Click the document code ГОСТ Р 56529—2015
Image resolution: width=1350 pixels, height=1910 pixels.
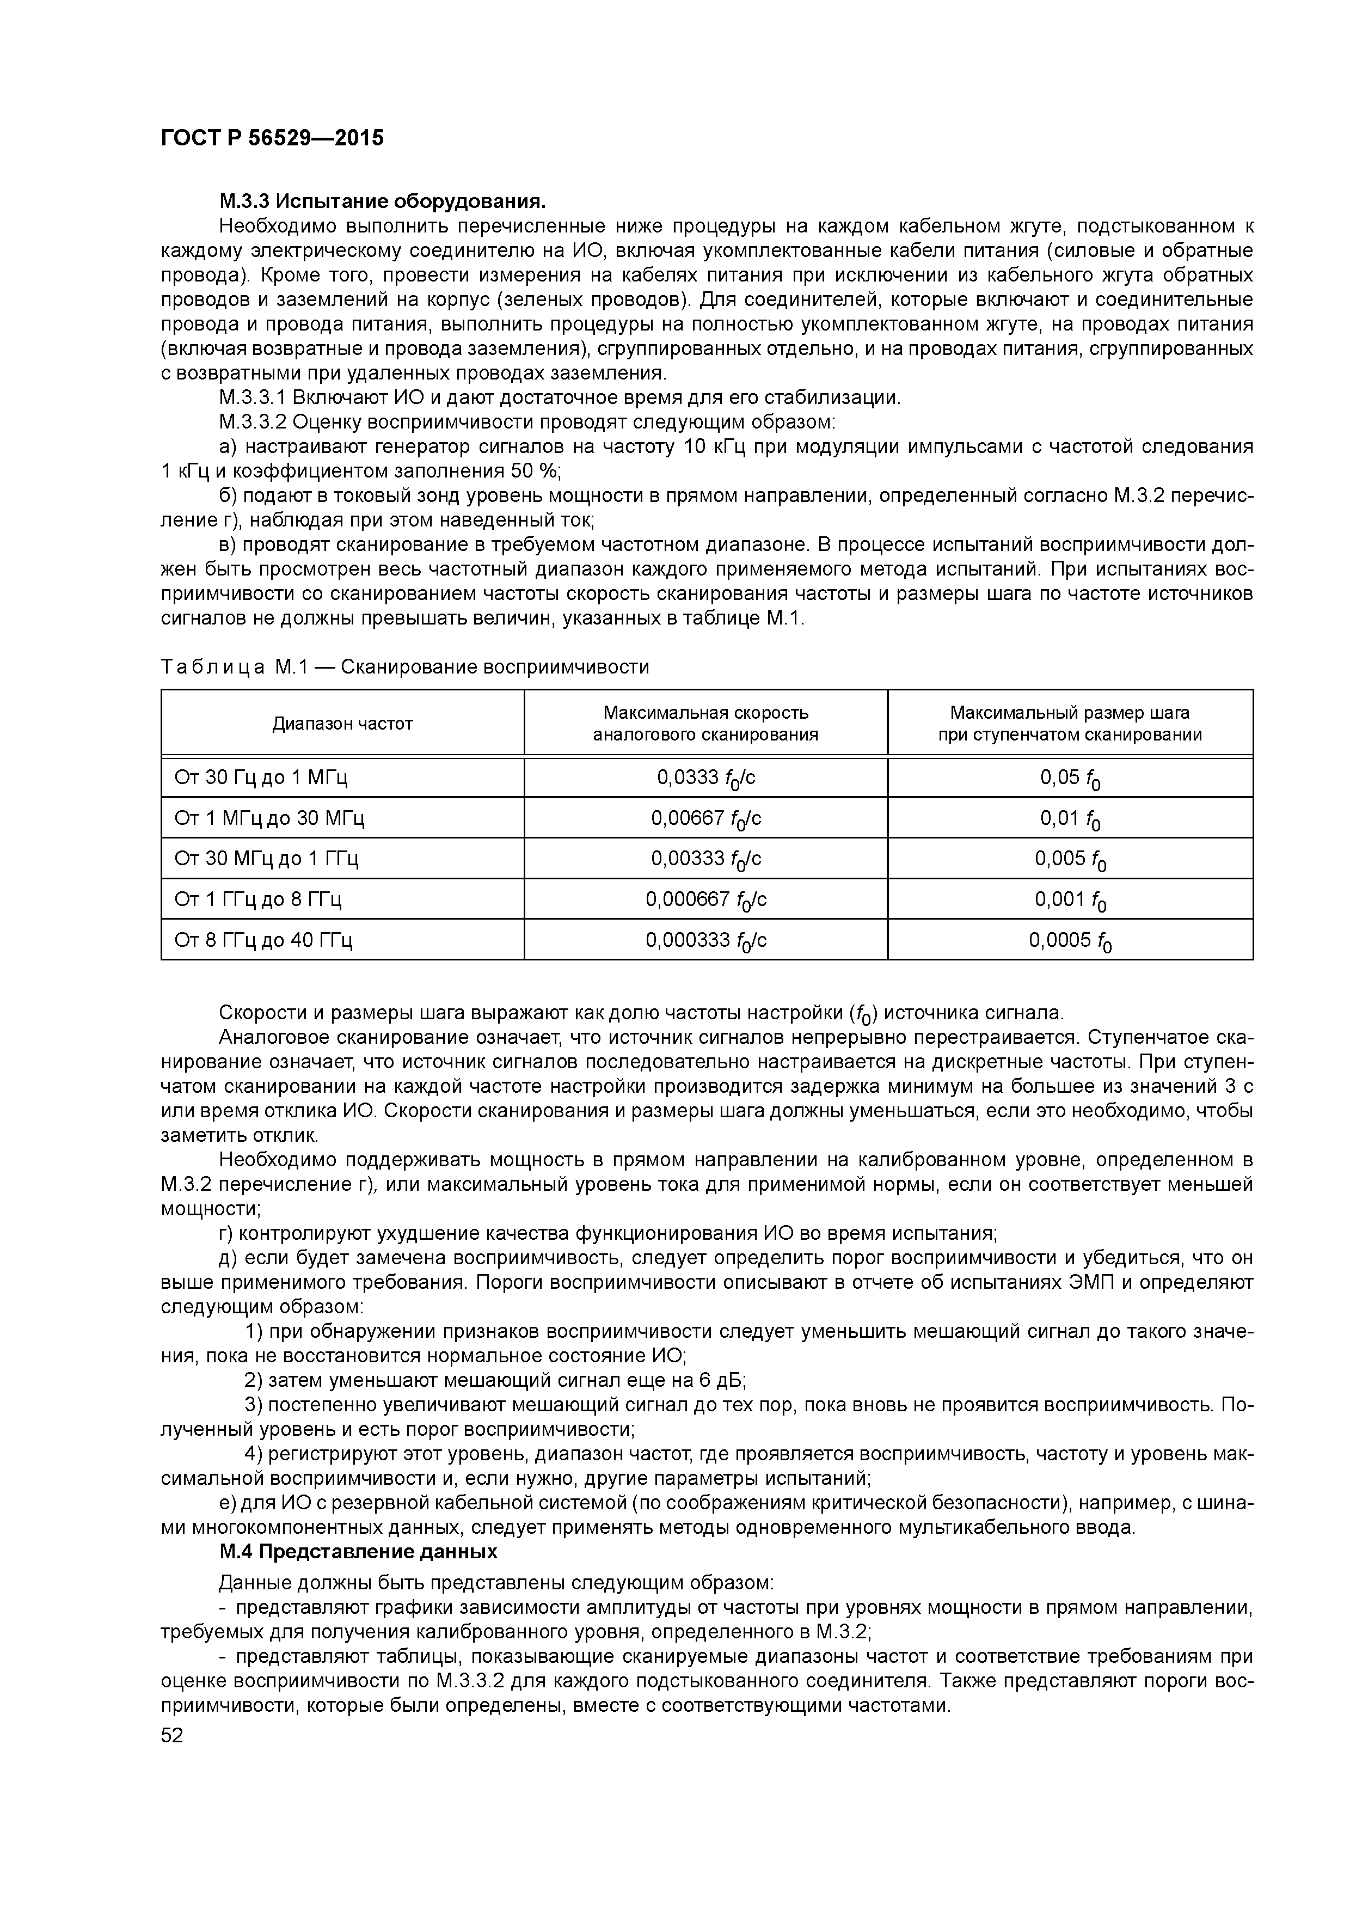point(272,138)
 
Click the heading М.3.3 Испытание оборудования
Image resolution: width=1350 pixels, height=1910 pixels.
point(383,201)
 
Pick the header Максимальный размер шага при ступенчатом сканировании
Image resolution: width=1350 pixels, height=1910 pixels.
point(1069,724)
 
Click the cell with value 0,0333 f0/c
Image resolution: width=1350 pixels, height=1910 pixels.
point(705,778)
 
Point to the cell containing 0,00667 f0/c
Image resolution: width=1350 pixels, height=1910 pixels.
point(705,818)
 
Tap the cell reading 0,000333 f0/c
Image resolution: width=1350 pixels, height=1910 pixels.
point(705,940)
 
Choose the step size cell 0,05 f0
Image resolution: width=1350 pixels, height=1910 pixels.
point(1070,778)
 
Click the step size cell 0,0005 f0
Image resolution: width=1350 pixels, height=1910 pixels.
point(1070,940)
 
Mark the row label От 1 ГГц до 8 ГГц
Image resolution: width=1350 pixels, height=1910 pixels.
point(258,899)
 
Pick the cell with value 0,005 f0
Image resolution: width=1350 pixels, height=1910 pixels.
point(1070,859)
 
